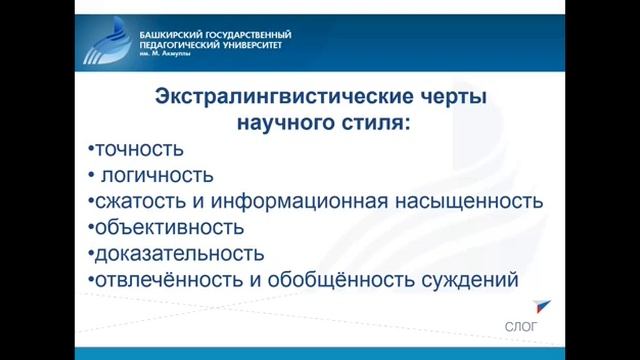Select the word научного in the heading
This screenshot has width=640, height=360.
click(x=286, y=124)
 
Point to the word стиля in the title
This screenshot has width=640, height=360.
click(x=374, y=124)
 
